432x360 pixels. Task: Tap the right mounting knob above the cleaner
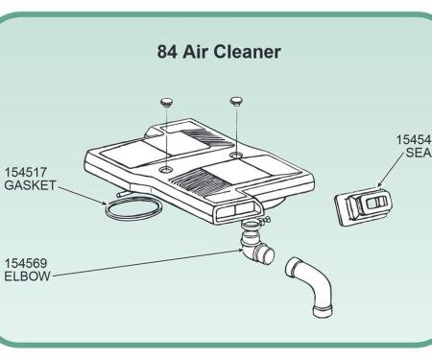tap(235, 99)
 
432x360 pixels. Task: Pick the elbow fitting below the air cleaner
tap(258, 252)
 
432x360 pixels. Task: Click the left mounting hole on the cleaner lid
tap(167, 168)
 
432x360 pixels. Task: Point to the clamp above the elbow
tap(252, 226)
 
